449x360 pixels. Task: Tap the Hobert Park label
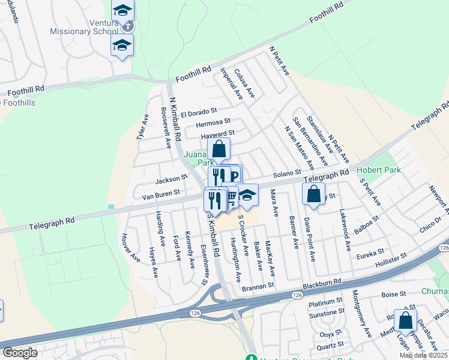(x=379, y=170)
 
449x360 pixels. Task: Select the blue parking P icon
(x=234, y=176)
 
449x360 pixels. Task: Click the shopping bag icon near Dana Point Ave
(x=314, y=194)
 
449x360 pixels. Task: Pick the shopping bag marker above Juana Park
(x=219, y=149)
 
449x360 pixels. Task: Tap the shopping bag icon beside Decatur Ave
(x=406, y=321)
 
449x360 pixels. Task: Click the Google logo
(x=20, y=353)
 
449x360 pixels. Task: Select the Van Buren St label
(x=161, y=193)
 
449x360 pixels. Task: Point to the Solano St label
(x=287, y=173)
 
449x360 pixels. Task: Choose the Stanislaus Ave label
(x=319, y=133)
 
